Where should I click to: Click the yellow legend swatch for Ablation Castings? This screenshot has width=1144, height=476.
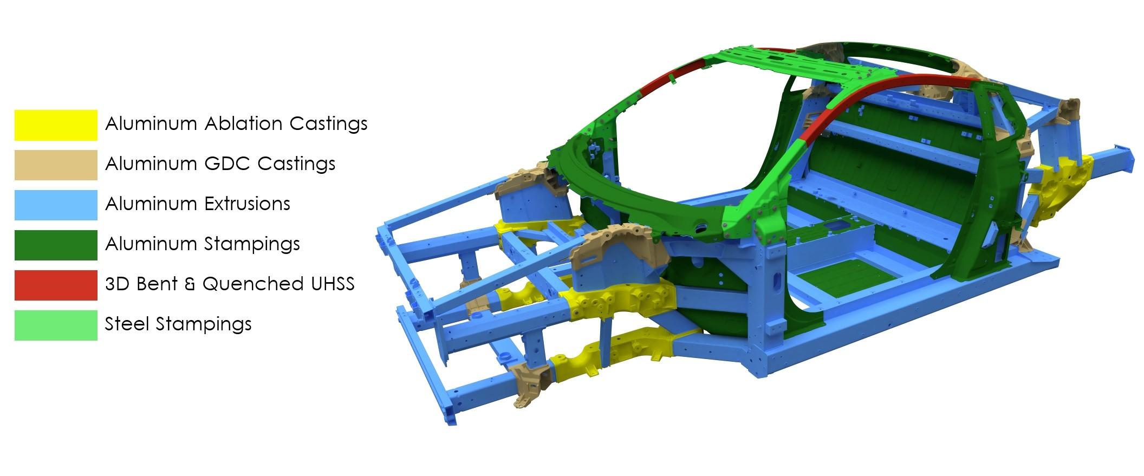point(56,125)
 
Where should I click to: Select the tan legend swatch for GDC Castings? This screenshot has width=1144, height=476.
point(56,165)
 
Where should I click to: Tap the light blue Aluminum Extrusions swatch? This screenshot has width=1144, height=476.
point(56,205)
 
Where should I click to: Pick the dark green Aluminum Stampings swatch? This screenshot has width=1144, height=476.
point(56,245)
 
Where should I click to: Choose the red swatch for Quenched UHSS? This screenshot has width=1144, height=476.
point(56,285)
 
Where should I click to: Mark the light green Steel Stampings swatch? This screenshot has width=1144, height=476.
point(56,325)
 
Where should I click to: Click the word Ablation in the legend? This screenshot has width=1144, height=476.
point(244,123)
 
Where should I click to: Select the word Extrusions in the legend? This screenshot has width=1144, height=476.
point(247,204)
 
